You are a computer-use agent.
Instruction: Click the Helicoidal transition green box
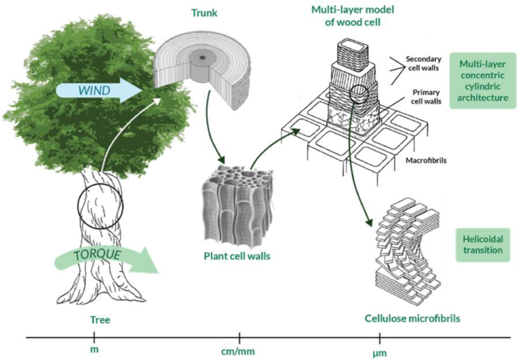click(482, 244)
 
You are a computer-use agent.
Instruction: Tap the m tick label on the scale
click(93, 349)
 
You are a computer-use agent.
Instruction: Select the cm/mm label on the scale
click(239, 349)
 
